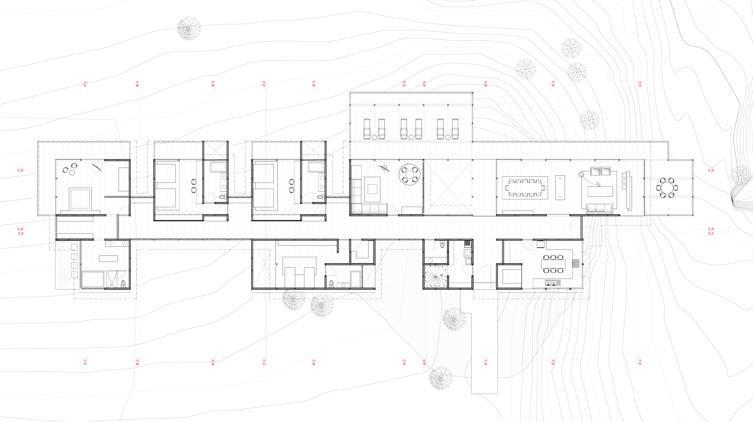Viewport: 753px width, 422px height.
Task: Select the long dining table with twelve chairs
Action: coord(525,187)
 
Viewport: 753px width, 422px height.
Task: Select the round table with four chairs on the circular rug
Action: coord(410,175)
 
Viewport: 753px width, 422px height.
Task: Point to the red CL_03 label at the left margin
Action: coord(20,170)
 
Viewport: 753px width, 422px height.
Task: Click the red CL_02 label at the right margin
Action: coord(711,229)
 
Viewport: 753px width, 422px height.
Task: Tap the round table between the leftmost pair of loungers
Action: coord(374,137)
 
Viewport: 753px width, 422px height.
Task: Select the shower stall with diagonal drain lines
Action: coord(111,280)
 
